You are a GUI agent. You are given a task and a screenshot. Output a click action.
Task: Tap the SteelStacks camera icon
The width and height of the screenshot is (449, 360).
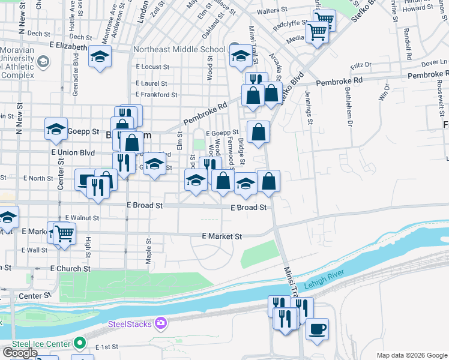point(160,325)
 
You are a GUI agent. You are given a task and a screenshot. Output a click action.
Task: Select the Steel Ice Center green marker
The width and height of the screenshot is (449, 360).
point(79,344)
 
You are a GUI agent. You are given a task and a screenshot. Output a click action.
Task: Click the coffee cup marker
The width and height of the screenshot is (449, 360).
point(317,329)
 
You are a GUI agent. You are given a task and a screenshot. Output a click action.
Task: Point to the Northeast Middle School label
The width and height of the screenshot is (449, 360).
point(179,50)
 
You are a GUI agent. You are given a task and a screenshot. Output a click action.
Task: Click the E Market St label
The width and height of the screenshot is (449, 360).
point(221,236)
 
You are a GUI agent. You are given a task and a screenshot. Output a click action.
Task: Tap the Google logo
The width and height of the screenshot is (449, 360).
point(20,353)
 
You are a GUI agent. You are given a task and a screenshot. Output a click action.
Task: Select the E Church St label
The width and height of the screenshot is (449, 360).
point(70,269)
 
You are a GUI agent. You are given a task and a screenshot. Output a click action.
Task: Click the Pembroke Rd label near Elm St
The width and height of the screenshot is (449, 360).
point(206,113)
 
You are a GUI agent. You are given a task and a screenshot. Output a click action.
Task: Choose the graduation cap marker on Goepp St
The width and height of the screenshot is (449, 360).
point(56,129)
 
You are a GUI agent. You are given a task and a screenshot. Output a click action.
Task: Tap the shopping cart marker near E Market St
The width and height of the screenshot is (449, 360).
point(64,233)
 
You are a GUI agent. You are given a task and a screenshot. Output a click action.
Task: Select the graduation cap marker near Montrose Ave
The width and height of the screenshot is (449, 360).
point(100,58)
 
